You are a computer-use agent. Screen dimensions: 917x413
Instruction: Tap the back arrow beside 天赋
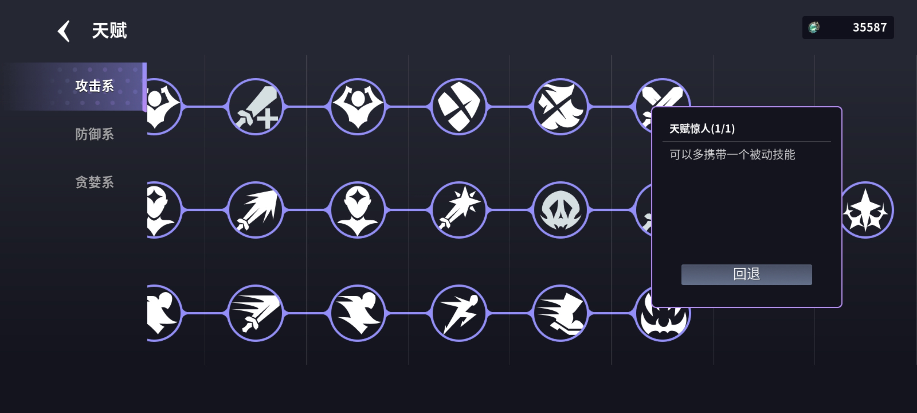tap(64, 31)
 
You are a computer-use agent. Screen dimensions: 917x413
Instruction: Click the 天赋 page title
tap(109, 30)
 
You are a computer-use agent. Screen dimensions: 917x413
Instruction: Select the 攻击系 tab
tap(94, 86)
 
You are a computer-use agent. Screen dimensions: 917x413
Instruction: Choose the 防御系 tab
tap(94, 134)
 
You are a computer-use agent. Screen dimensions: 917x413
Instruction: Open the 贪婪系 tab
tap(94, 183)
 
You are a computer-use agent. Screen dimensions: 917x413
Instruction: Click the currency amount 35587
tap(869, 28)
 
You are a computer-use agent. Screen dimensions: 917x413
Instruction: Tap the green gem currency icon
tap(814, 28)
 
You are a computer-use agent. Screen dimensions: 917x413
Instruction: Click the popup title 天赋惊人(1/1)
tap(702, 128)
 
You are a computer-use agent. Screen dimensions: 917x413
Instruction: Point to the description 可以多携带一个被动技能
tap(732, 155)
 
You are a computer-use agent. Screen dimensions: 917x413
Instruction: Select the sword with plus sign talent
tap(255, 107)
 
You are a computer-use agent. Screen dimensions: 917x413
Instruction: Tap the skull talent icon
tap(561, 210)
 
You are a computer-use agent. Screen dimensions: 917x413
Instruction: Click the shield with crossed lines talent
tap(459, 107)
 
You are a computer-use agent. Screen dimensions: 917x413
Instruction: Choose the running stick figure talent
tap(459, 313)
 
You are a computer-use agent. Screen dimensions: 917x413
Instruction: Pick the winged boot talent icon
tap(561, 313)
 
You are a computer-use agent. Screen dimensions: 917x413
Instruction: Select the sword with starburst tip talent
tap(459, 210)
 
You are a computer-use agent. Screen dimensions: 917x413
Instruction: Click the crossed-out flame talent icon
tap(561, 107)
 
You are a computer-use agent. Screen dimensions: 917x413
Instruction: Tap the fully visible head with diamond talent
tap(357, 210)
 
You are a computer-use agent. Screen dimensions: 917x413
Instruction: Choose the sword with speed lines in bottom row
tap(255, 313)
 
